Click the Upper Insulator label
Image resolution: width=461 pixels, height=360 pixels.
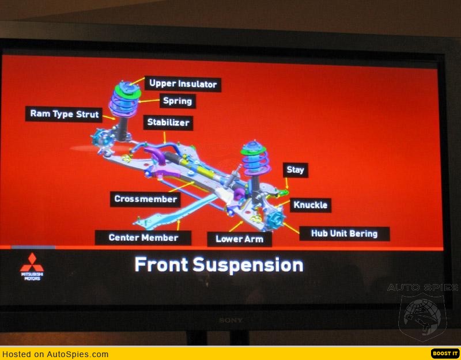tap(183, 84)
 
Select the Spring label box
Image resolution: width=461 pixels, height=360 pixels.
tap(177, 101)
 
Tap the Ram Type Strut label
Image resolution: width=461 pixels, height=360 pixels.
tap(64, 114)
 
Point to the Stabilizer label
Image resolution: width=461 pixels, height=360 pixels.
tap(168, 123)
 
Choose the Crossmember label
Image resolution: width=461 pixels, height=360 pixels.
tap(146, 199)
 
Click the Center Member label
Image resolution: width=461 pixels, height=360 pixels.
tap(143, 238)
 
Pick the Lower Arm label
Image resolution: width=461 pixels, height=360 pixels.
tap(240, 239)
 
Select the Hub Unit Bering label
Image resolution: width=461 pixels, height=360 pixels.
tap(345, 234)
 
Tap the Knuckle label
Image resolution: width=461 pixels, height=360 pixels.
tap(311, 205)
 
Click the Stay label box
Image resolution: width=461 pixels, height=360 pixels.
tap(296, 170)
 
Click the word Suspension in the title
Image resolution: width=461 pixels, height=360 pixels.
tap(248, 265)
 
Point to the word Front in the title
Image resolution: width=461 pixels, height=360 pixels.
tap(161, 264)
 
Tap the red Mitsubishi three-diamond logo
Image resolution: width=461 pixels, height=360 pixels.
tap(32, 263)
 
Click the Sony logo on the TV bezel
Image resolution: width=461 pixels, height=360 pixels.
tap(231, 320)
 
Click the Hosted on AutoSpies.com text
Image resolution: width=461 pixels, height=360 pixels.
tap(55, 354)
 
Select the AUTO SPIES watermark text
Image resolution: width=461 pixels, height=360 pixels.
tap(422, 287)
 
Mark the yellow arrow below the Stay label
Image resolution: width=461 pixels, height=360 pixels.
tap(286, 183)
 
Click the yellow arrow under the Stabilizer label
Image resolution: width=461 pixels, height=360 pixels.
tap(165, 137)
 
